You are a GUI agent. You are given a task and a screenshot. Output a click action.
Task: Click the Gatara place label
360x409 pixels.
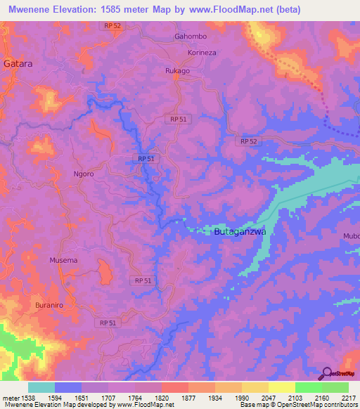tap(19, 63)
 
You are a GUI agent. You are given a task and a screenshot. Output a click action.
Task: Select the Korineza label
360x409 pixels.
tap(203, 53)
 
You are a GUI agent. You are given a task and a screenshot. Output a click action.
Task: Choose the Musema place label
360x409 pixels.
tap(63, 260)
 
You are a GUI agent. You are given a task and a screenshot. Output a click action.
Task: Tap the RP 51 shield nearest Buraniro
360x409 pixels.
tap(107, 323)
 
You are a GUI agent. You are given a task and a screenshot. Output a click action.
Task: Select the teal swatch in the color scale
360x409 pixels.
tap(41, 387)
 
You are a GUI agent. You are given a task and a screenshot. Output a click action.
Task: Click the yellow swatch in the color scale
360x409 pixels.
tap(281, 387)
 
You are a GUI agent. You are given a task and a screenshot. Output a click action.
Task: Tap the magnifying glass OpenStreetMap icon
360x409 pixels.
tap(326, 373)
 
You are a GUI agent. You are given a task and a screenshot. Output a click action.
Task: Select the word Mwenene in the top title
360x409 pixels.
tap(28, 10)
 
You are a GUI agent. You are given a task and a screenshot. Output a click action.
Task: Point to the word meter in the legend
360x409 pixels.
tap(11, 398)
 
